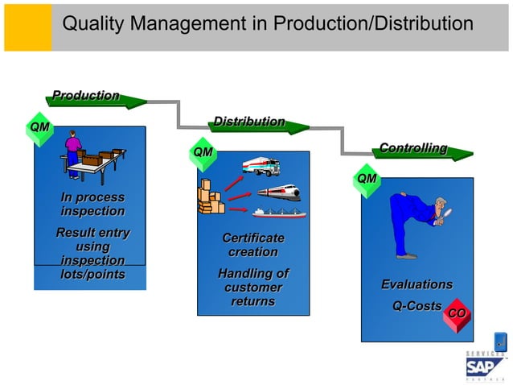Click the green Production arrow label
(x=87, y=97)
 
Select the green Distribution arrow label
(x=248, y=122)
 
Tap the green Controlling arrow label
(x=413, y=149)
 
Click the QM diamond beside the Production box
(x=39, y=128)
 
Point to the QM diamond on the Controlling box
(x=367, y=178)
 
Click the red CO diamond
(x=457, y=313)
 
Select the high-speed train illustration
(x=278, y=192)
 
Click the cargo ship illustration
(x=280, y=213)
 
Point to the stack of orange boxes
(x=211, y=198)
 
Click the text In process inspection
(x=92, y=205)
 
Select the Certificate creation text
(x=253, y=245)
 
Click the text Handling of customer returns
(x=253, y=288)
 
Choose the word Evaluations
(x=417, y=284)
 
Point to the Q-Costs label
(x=417, y=306)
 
